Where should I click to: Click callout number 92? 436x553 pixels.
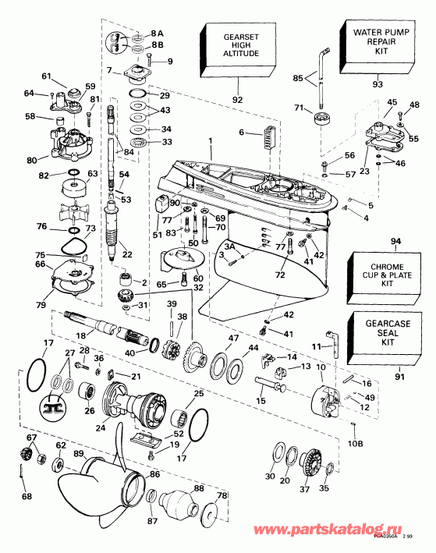tap(236, 100)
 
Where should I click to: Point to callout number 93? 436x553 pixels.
tap(378, 84)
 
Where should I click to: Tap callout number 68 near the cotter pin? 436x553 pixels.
tap(27, 498)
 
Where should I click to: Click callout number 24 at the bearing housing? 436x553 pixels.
tap(99, 427)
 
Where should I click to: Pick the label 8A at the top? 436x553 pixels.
tap(158, 34)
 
